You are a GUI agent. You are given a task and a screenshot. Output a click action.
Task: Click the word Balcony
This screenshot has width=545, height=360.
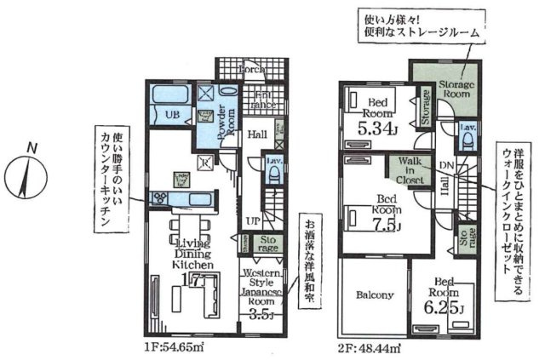tap(373, 295)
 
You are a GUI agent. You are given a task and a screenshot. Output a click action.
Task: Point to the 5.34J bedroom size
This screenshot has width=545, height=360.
tap(376, 129)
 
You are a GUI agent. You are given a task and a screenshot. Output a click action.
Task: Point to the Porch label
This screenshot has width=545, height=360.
tap(251, 68)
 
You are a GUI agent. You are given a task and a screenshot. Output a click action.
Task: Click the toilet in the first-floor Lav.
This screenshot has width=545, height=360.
tap(274, 174)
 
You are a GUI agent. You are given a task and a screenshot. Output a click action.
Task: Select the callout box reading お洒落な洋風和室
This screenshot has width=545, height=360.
tap(306, 264)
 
